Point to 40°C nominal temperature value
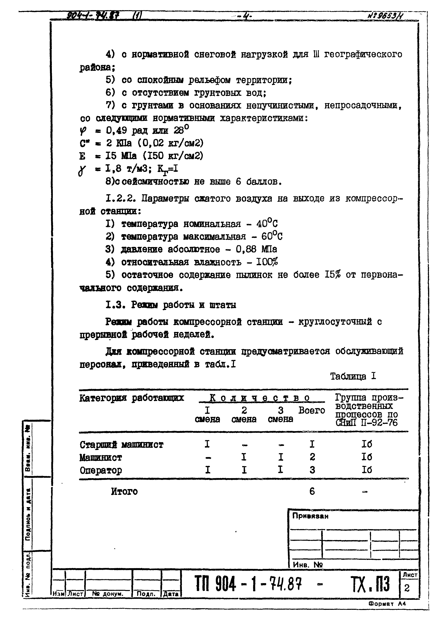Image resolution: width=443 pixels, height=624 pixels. [267, 224]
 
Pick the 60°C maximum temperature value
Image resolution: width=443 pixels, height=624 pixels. [272, 236]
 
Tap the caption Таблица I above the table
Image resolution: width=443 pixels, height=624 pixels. [353, 376]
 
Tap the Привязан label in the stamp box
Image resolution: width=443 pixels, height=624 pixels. [310, 516]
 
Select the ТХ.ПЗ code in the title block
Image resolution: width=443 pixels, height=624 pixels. [370, 584]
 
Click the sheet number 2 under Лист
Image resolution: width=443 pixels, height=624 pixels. [407, 588]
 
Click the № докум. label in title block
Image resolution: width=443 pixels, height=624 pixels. [108, 594]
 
